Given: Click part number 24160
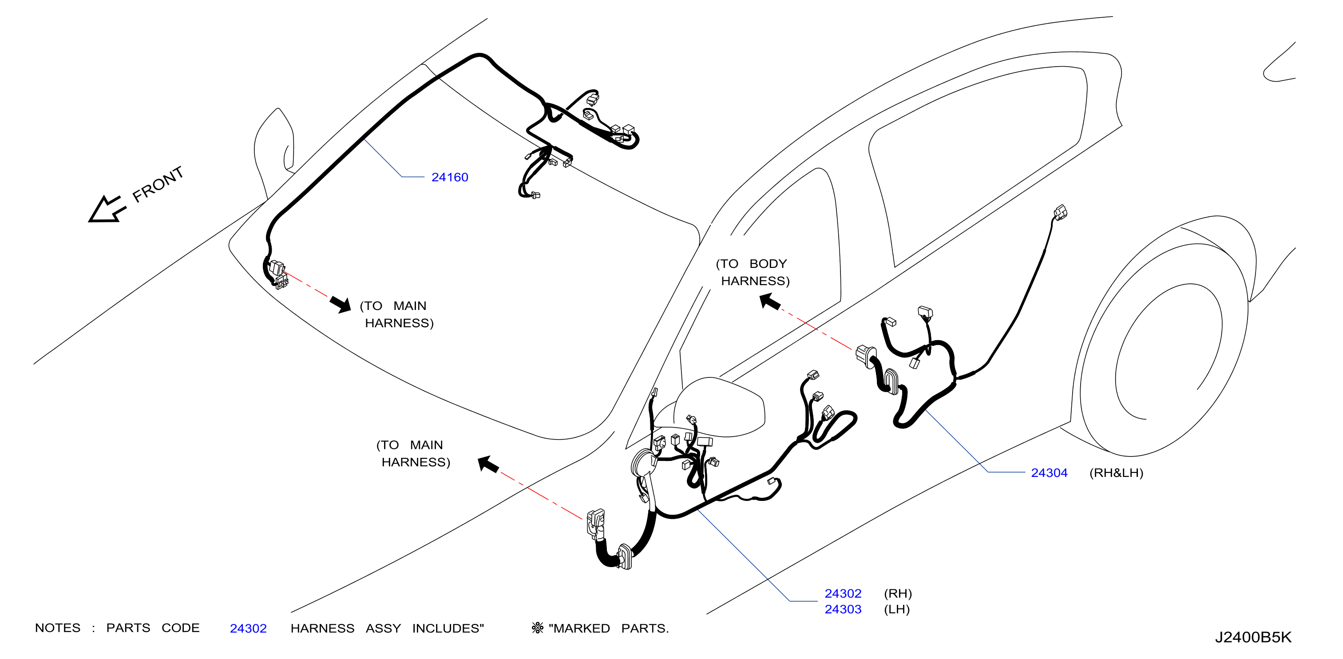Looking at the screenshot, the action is click(x=449, y=177).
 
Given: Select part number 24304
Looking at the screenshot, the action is click(x=1049, y=473).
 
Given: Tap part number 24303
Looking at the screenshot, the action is click(x=843, y=609).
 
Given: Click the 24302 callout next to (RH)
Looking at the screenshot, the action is click(x=843, y=594).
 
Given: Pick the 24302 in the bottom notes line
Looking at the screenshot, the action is click(x=248, y=629).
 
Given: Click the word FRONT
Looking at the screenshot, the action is click(x=158, y=185).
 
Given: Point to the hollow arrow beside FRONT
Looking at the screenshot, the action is click(x=107, y=210).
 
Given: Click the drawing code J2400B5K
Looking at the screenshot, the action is click(x=1253, y=638).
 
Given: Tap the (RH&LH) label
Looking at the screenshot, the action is click(x=1116, y=473).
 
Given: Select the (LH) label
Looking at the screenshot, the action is click(x=897, y=609).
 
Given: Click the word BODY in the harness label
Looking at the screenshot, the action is click(x=768, y=264).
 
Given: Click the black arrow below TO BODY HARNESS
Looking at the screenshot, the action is click(x=769, y=302).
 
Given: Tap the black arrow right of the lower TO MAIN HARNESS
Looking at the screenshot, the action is click(x=488, y=464).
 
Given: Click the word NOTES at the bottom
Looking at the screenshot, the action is click(x=57, y=628).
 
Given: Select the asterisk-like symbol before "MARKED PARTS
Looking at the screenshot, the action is click(x=538, y=628).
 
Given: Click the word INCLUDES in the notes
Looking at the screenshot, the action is click(x=448, y=629).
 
